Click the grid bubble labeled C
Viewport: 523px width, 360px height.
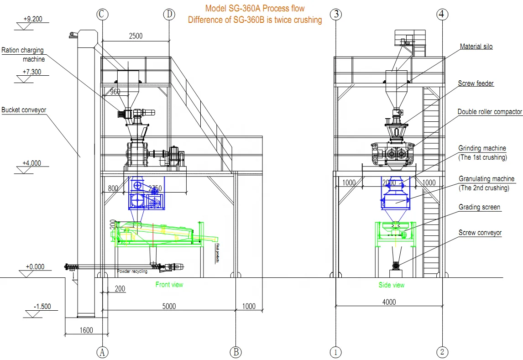(102, 14)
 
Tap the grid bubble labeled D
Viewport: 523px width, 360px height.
(169, 14)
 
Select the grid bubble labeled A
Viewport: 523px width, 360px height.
(102, 352)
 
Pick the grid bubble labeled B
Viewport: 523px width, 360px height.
(235, 352)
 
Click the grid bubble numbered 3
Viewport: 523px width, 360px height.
(336, 14)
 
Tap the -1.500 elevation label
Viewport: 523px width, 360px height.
(42, 307)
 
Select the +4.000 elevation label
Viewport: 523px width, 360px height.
(31, 163)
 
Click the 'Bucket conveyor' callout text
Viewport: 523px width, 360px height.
(24, 110)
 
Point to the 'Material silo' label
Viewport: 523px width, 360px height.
(476, 47)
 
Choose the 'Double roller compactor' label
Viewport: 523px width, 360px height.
(490, 112)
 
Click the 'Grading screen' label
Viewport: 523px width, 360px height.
(479, 207)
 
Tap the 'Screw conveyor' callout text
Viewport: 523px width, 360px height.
(480, 233)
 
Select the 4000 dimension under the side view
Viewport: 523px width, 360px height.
(388, 302)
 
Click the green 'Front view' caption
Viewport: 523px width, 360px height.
(169, 284)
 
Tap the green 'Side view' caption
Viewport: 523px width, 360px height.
(392, 285)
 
